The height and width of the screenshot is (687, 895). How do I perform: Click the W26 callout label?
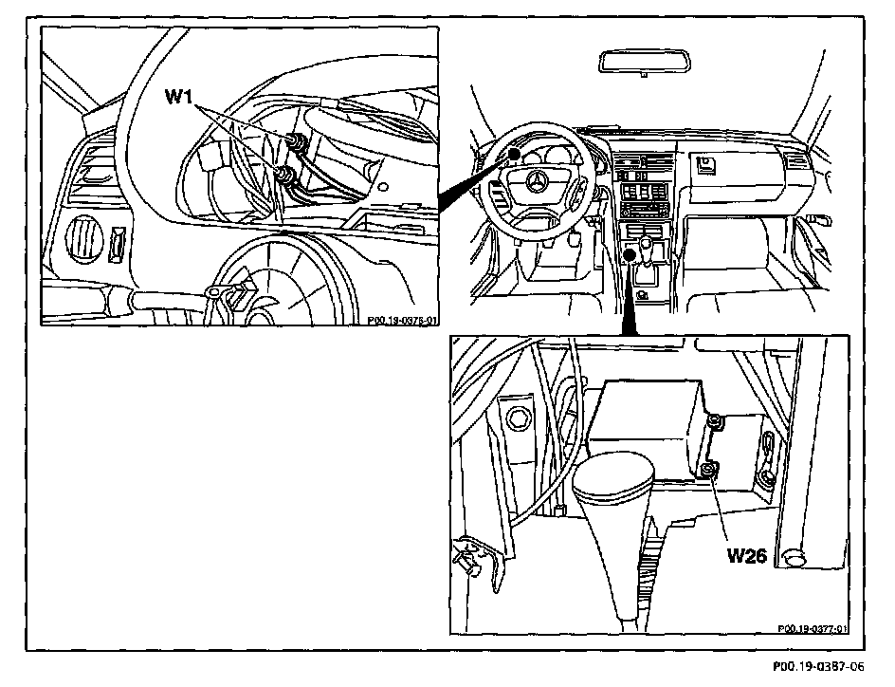747,555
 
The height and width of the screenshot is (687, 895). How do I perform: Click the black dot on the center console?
630,253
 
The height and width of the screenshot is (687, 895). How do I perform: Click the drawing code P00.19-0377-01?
813,627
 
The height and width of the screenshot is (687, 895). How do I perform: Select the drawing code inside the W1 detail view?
403,320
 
